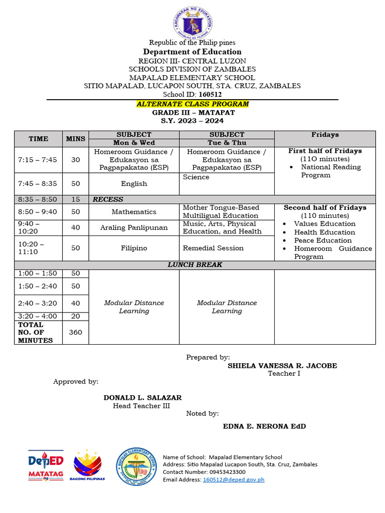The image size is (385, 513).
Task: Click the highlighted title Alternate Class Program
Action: (x=192, y=104)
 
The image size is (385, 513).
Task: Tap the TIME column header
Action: (x=39, y=139)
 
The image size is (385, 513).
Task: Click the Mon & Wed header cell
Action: (x=134, y=143)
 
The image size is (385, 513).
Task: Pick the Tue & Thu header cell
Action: (x=227, y=143)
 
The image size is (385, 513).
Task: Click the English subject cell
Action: (x=134, y=184)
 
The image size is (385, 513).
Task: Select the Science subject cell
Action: (x=196, y=177)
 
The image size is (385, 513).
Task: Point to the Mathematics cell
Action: (x=134, y=212)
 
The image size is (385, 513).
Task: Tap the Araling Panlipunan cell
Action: (x=134, y=228)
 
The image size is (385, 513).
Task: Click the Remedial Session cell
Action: (x=213, y=248)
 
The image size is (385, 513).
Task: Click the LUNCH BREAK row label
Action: (x=195, y=265)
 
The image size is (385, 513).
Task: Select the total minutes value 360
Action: (x=75, y=332)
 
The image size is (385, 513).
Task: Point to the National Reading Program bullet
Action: (x=330, y=171)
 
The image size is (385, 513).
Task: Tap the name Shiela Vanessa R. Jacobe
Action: (x=282, y=366)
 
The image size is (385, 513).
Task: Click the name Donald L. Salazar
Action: (x=142, y=398)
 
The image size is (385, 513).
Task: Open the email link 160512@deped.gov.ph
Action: (x=233, y=479)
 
